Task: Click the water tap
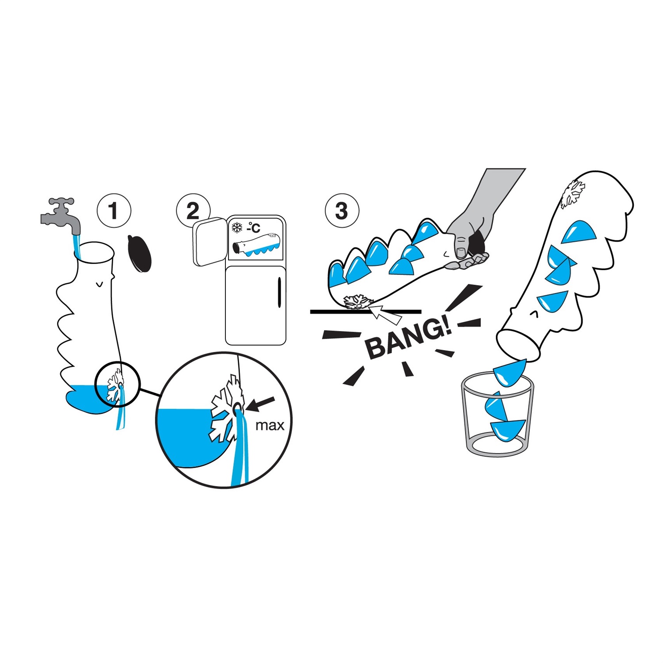(62, 217)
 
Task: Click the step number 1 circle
(114, 211)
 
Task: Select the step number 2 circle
(193, 211)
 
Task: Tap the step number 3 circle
(342, 211)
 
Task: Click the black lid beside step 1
(139, 253)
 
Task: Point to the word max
(270, 426)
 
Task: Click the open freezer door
(210, 241)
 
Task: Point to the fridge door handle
(279, 292)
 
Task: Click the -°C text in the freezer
(254, 228)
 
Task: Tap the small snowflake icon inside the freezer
(237, 228)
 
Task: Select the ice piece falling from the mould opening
(510, 373)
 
